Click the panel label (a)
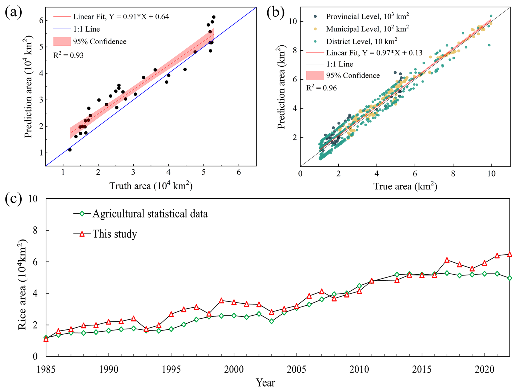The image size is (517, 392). coord(13,12)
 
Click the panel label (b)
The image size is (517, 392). coord(275,12)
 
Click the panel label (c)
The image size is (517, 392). coord(13,199)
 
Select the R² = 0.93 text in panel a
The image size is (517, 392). coord(68,55)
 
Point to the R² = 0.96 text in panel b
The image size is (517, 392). coord(321,88)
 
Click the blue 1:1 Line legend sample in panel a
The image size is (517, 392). coord(62,29)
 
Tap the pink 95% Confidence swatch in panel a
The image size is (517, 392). coord(62,41)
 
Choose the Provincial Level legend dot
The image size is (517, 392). coord(315,16)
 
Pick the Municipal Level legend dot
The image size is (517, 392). coord(315,29)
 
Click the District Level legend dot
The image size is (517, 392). coord(315,41)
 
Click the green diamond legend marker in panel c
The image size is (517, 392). coord(82,214)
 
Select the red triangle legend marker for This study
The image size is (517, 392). coord(82,234)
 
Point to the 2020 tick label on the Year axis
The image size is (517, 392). coord(484,370)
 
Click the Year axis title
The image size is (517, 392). coord(265,383)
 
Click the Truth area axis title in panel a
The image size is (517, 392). coord(151,186)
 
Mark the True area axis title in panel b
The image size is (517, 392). coord(405,186)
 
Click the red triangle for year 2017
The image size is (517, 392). coord(447,260)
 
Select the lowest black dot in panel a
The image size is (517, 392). coord(70,150)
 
